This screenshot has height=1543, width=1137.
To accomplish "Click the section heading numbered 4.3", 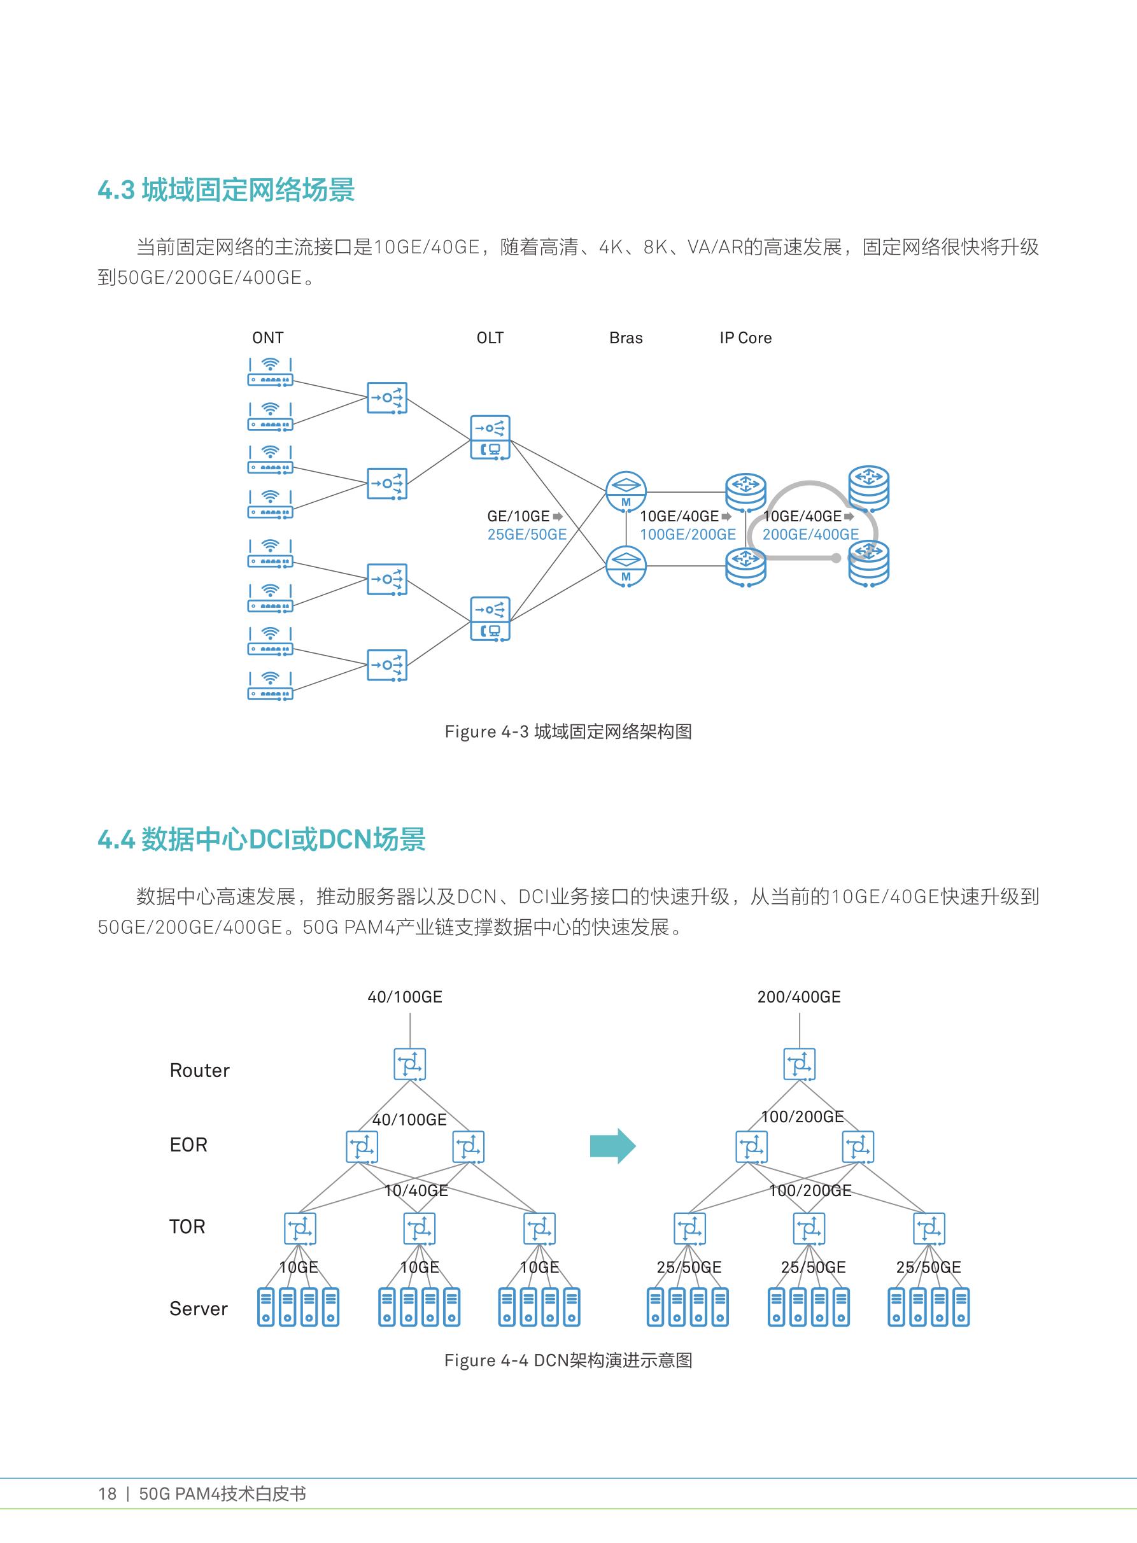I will point(226,190).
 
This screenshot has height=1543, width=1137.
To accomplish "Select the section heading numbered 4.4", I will point(262,840).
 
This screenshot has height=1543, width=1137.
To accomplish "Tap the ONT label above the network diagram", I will point(268,338).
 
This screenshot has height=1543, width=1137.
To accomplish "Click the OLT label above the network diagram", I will point(490,338).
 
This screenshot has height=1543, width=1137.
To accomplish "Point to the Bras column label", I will point(626,338).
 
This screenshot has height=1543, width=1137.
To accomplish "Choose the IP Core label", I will point(745,338).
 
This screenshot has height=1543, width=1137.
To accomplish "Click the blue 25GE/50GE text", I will point(527,535).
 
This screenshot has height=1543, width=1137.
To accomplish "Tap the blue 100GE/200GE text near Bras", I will point(688,535).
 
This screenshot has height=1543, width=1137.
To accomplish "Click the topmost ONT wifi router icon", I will point(271,372).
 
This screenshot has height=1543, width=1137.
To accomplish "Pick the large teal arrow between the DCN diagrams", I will point(612,1146).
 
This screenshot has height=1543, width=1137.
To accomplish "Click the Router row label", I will point(200,1070).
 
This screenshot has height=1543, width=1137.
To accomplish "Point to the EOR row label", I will point(188,1145).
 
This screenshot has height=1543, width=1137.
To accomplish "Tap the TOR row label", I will point(187,1227).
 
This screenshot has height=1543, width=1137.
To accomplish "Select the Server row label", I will point(198,1308).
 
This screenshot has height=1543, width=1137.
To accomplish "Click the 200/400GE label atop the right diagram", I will point(799,997).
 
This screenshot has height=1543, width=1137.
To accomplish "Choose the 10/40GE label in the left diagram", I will point(416,1190).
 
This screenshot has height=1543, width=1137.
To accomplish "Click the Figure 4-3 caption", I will point(568,731).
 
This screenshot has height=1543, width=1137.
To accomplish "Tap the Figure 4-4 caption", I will point(568,1360).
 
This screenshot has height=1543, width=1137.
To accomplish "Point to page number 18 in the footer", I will point(108,1493).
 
